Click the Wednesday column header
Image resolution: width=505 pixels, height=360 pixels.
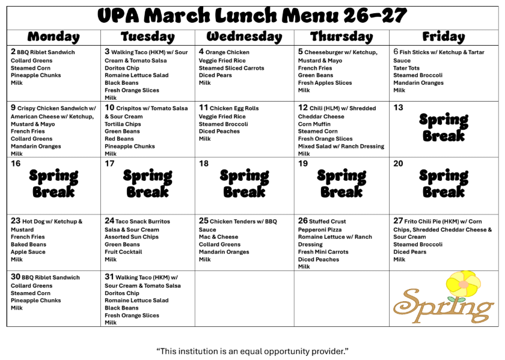(244, 37)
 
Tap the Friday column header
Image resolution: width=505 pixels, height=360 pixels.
(444, 37)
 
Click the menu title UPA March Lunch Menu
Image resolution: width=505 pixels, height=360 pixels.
(252, 15)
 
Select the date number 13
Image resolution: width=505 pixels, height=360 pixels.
(398, 108)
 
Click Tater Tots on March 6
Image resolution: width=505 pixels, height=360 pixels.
(406, 68)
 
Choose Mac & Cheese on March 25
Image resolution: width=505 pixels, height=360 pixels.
(218, 237)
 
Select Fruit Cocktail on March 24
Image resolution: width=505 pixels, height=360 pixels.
(123, 252)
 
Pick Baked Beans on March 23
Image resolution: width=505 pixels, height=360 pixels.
(28, 245)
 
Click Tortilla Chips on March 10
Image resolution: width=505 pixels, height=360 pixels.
(123, 124)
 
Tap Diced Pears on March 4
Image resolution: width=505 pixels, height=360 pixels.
(215, 76)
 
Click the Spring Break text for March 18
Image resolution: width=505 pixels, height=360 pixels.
(244, 183)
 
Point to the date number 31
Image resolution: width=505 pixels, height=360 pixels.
(109, 278)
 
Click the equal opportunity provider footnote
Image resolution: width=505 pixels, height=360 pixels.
(252, 350)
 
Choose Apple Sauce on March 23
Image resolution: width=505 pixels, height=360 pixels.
(28, 252)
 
